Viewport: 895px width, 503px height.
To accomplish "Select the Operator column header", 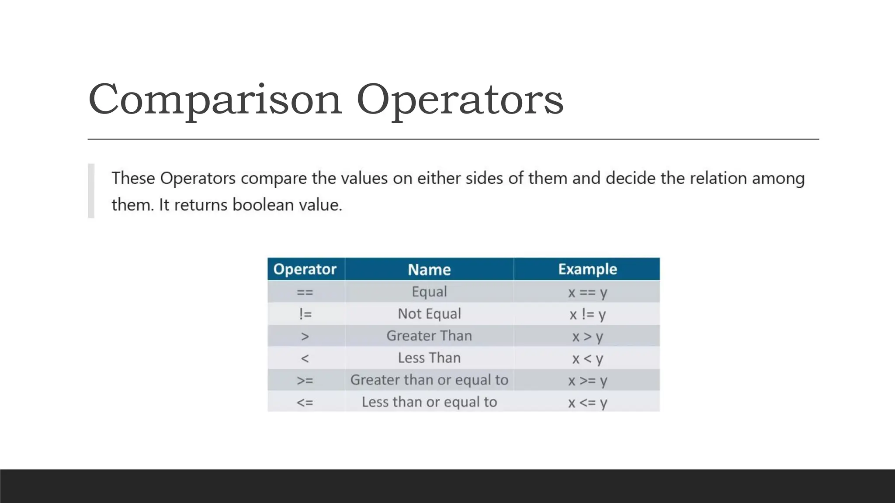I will click(x=305, y=269).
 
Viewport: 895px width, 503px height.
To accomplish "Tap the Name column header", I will click(x=429, y=269).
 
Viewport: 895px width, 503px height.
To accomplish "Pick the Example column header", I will click(x=587, y=269).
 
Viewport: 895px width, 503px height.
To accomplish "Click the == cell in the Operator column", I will click(x=305, y=292).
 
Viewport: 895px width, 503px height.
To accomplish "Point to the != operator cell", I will click(x=305, y=314).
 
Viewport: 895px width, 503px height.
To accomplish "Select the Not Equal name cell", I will click(x=429, y=314).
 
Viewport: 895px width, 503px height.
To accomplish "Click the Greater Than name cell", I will click(x=429, y=336).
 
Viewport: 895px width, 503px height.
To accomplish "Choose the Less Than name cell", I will click(x=429, y=358).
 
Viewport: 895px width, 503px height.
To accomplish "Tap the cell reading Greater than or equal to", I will click(x=429, y=380).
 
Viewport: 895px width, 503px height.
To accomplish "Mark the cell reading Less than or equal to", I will click(x=429, y=402).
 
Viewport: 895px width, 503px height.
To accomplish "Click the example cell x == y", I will click(x=587, y=292).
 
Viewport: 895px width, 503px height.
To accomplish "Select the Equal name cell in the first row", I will click(x=429, y=292).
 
